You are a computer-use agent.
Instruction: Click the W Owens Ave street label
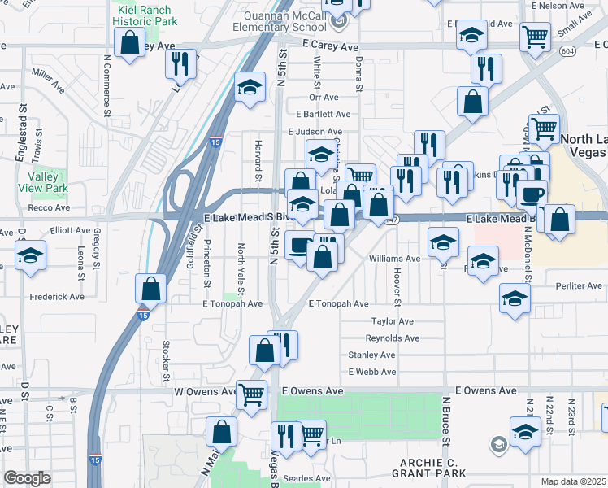click(202, 391)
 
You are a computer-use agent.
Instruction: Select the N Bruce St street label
click(446, 420)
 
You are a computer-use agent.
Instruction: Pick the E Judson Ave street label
click(315, 132)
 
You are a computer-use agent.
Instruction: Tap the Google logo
click(27, 478)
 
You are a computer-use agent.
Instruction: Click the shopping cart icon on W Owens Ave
click(252, 394)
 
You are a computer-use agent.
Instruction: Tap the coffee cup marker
click(532, 194)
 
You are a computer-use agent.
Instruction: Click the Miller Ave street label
click(48, 78)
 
